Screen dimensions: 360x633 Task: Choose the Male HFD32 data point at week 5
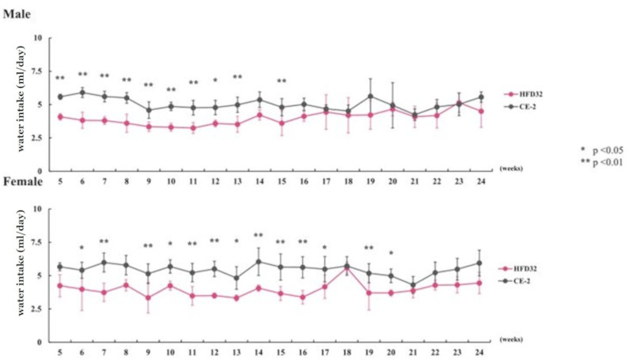pos(59,116)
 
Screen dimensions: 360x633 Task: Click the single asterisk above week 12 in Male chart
pos(214,80)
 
